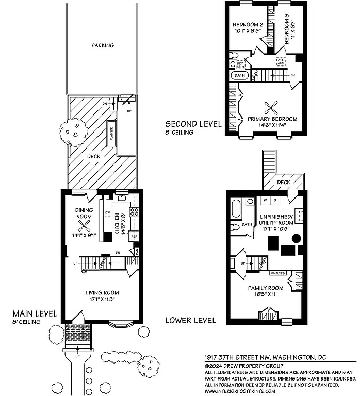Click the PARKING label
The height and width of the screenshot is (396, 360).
coord(103,45)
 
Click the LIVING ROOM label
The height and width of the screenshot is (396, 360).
coord(103,292)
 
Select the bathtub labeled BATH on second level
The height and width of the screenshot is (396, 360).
coord(240,75)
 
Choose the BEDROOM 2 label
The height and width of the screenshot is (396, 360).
coord(248,24)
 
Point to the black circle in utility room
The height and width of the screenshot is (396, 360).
coord(297,238)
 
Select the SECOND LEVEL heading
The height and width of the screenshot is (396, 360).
coord(193,124)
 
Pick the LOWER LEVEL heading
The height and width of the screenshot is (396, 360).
coord(190,320)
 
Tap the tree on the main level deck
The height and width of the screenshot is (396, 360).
coord(70,134)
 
